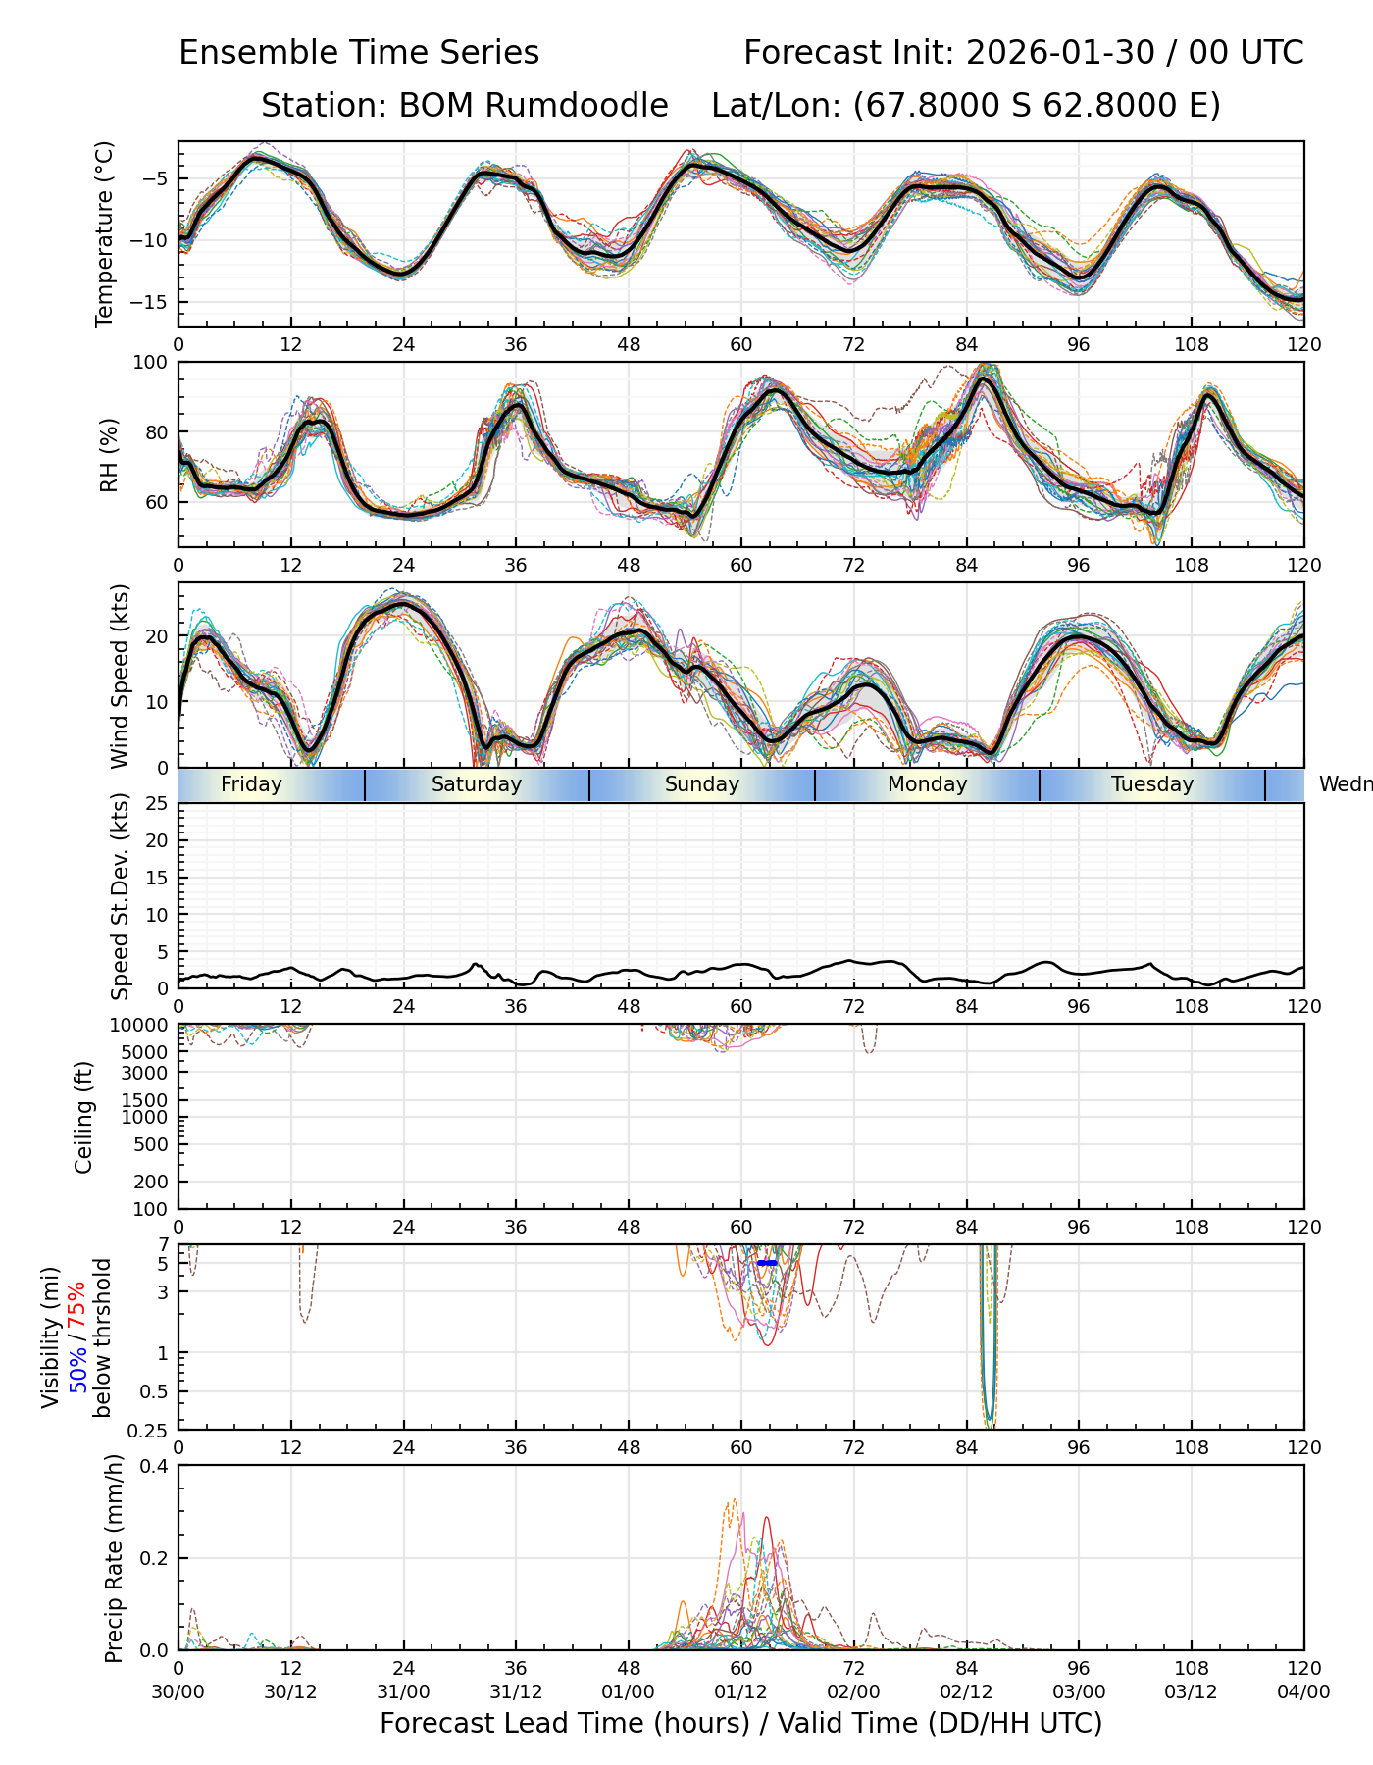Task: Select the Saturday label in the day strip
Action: (x=477, y=784)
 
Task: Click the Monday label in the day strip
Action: (x=927, y=784)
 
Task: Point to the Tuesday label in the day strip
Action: (x=1152, y=784)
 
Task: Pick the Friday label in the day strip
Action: (x=251, y=784)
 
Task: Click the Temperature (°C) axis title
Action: (x=105, y=233)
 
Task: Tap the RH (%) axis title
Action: (x=109, y=455)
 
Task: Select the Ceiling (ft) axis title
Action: (x=84, y=1117)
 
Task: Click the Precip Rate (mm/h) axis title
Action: (x=114, y=1557)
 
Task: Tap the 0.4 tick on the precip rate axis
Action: (x=155, y=1466)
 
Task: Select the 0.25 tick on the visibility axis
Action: (x=150, y=1429)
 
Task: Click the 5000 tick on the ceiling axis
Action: (x=145, y=1052)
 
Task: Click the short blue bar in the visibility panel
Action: (x=767, y=1263)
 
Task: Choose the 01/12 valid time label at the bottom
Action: (x=740, y=1691)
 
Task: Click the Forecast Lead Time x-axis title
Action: (x=740, y=1723)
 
